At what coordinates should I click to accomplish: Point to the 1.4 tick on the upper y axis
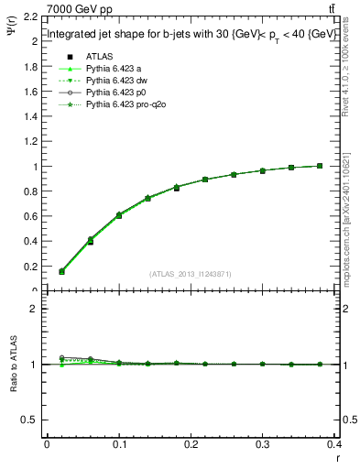(32, 117)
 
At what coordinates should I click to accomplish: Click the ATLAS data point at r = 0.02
(61, 271)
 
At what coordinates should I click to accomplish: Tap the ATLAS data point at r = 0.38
(320, 166)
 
